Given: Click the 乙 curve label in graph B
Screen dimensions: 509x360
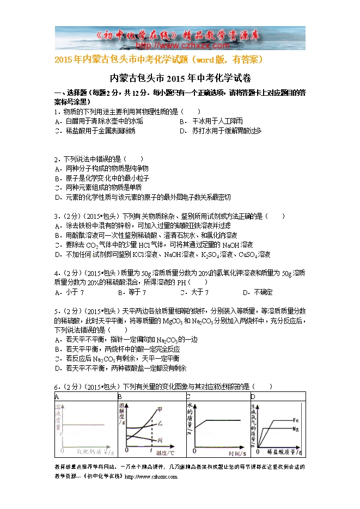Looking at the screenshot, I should pos(159,423).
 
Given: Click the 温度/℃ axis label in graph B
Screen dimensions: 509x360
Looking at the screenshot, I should pos(166,452).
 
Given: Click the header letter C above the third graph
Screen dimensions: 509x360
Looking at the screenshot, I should pos(188,396).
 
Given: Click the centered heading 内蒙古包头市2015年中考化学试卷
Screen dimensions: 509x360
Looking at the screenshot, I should pos(180,78).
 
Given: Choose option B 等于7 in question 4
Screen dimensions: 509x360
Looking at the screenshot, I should pos(133,292).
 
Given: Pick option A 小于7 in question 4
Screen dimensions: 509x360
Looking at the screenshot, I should pos(69,292).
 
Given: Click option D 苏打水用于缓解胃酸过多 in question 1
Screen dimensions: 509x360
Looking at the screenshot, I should pos(220,131).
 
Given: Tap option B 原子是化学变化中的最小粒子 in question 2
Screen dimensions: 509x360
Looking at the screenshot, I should pos(102,178).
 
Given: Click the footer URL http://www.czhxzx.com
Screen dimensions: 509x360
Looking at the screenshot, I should pos(151,476).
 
